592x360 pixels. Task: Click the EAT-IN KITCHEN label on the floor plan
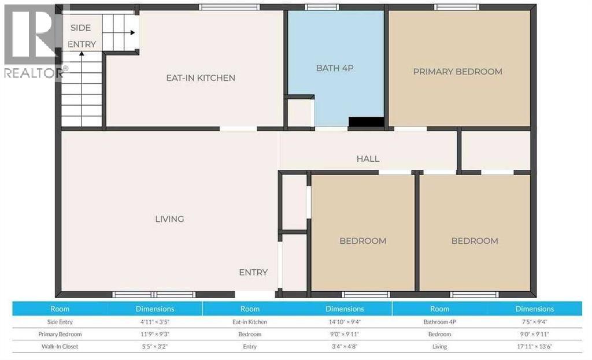tap(201, 78)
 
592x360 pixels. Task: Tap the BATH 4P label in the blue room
tap(334, 68)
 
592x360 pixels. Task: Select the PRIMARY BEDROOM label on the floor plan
tap(457, 72)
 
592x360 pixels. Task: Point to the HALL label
tap(368, 159)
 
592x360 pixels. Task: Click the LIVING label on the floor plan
tap(169, 219)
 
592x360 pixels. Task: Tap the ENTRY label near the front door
tap(253, 272)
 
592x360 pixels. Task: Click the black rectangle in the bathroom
tap(367, 122)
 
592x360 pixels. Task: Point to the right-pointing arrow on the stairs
tap(132, 33)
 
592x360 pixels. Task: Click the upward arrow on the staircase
tap(82, 56)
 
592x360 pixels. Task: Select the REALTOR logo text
tap(34, 73)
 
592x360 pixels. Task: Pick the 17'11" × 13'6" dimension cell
tap(534, 347)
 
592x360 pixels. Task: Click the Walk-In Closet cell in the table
tap(60, 347)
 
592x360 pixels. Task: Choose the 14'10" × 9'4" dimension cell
tap(345, 322)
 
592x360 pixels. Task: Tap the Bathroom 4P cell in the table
tap(439, 322)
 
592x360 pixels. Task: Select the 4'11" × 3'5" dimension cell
tap(154, 322)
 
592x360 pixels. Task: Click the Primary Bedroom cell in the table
tap(60, 334)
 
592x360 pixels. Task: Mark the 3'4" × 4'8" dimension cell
tap(345, 347)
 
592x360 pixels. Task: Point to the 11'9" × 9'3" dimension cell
tap(154, 334)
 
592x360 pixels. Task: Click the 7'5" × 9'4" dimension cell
tap(534, 322)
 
